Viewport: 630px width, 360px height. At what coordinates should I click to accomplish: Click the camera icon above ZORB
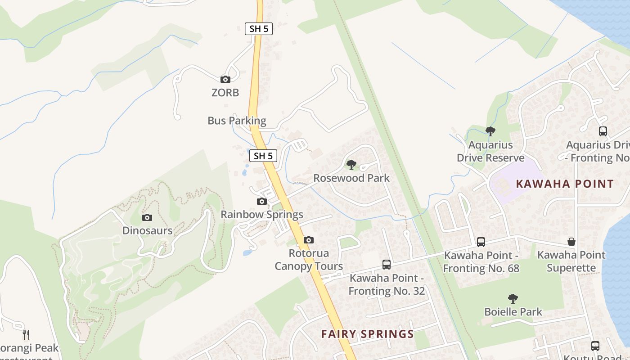tap(225, 80)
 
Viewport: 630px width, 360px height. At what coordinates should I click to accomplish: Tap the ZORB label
tap(225, 93)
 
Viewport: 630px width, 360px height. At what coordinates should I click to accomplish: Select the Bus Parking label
tap(237, 121)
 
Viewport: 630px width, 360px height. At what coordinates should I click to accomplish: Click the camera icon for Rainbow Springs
tap(262, 201)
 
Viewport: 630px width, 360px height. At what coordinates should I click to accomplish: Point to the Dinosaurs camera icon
tap(147, 218)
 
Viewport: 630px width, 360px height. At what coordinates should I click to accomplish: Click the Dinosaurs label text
tap(147, 231)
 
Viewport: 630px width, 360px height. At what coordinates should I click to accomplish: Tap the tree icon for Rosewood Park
tap(351, 165)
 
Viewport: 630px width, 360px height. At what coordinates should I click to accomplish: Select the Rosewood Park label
tap(351, 178)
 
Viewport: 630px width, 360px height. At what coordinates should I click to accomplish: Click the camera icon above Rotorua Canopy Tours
tap(309, 240)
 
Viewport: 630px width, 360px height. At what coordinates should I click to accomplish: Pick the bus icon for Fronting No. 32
tap(387, 265)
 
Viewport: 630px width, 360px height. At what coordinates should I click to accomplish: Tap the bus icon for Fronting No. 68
tap(481, 242)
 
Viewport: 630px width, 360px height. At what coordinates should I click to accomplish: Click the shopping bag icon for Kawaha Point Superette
tap(571, 242)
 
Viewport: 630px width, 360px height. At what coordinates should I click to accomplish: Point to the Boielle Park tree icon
tap(513, 298)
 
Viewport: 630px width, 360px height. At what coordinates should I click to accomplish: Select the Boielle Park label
tap(513, 311)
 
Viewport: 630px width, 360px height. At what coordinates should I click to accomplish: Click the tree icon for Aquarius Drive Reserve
tap(490, 131)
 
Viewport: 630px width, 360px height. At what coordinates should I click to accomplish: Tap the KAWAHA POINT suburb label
tap(565, 184)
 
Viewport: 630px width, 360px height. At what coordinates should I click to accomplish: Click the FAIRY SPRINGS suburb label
tap(367, 334)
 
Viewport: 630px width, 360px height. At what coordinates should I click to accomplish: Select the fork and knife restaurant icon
tap(27, 335)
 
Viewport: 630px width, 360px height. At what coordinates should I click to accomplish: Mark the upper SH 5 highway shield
tap(259, 29)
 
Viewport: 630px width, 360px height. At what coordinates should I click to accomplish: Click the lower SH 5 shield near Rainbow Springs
tap(263, 156)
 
